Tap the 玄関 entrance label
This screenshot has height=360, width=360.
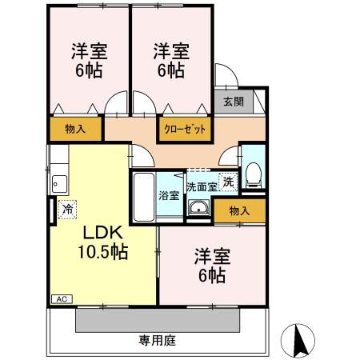point(233,102)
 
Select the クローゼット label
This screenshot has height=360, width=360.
point(185,128)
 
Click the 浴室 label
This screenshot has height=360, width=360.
point(168,194)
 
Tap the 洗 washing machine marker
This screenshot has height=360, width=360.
point(229,182)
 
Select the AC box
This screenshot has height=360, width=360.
point(61,299)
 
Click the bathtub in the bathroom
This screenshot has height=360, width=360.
point(144,196)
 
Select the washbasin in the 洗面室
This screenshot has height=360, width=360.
point(197,210)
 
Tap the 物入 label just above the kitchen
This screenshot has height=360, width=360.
point(75,128)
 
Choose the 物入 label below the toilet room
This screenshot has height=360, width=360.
point(238,210)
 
